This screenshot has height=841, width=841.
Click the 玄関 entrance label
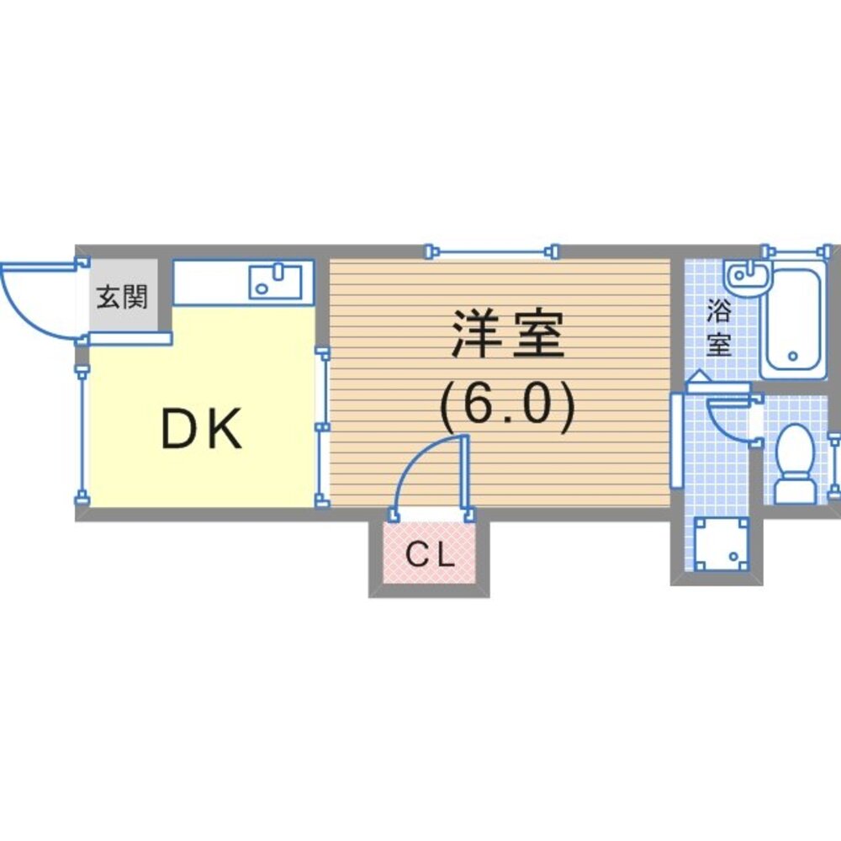122,297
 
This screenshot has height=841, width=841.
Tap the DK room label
202,429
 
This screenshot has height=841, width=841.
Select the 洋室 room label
508,334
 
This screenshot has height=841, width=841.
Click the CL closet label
430,554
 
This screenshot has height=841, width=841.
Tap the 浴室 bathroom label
719,327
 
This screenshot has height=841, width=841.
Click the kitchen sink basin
276,282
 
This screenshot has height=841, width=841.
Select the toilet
796,463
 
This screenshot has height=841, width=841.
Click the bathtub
793,320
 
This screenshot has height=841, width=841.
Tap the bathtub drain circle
793,356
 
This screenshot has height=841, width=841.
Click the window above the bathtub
799,251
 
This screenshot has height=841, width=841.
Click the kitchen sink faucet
278,271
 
